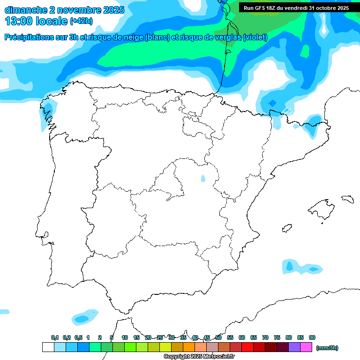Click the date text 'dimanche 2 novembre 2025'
[64, 10]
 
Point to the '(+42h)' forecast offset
[82, 21]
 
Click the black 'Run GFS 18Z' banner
[296, 8]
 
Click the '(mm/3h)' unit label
[327, 348]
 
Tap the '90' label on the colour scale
[312, 337]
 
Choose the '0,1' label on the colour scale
[54, 337]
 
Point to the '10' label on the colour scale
[125, 337]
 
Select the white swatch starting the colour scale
[48, 347]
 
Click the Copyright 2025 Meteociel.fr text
[199, 357]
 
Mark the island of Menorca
[347, 199]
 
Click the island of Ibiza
[287, 228]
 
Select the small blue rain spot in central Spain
[203, 179]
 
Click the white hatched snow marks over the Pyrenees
[287, 111]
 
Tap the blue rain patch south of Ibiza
[300, 267]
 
